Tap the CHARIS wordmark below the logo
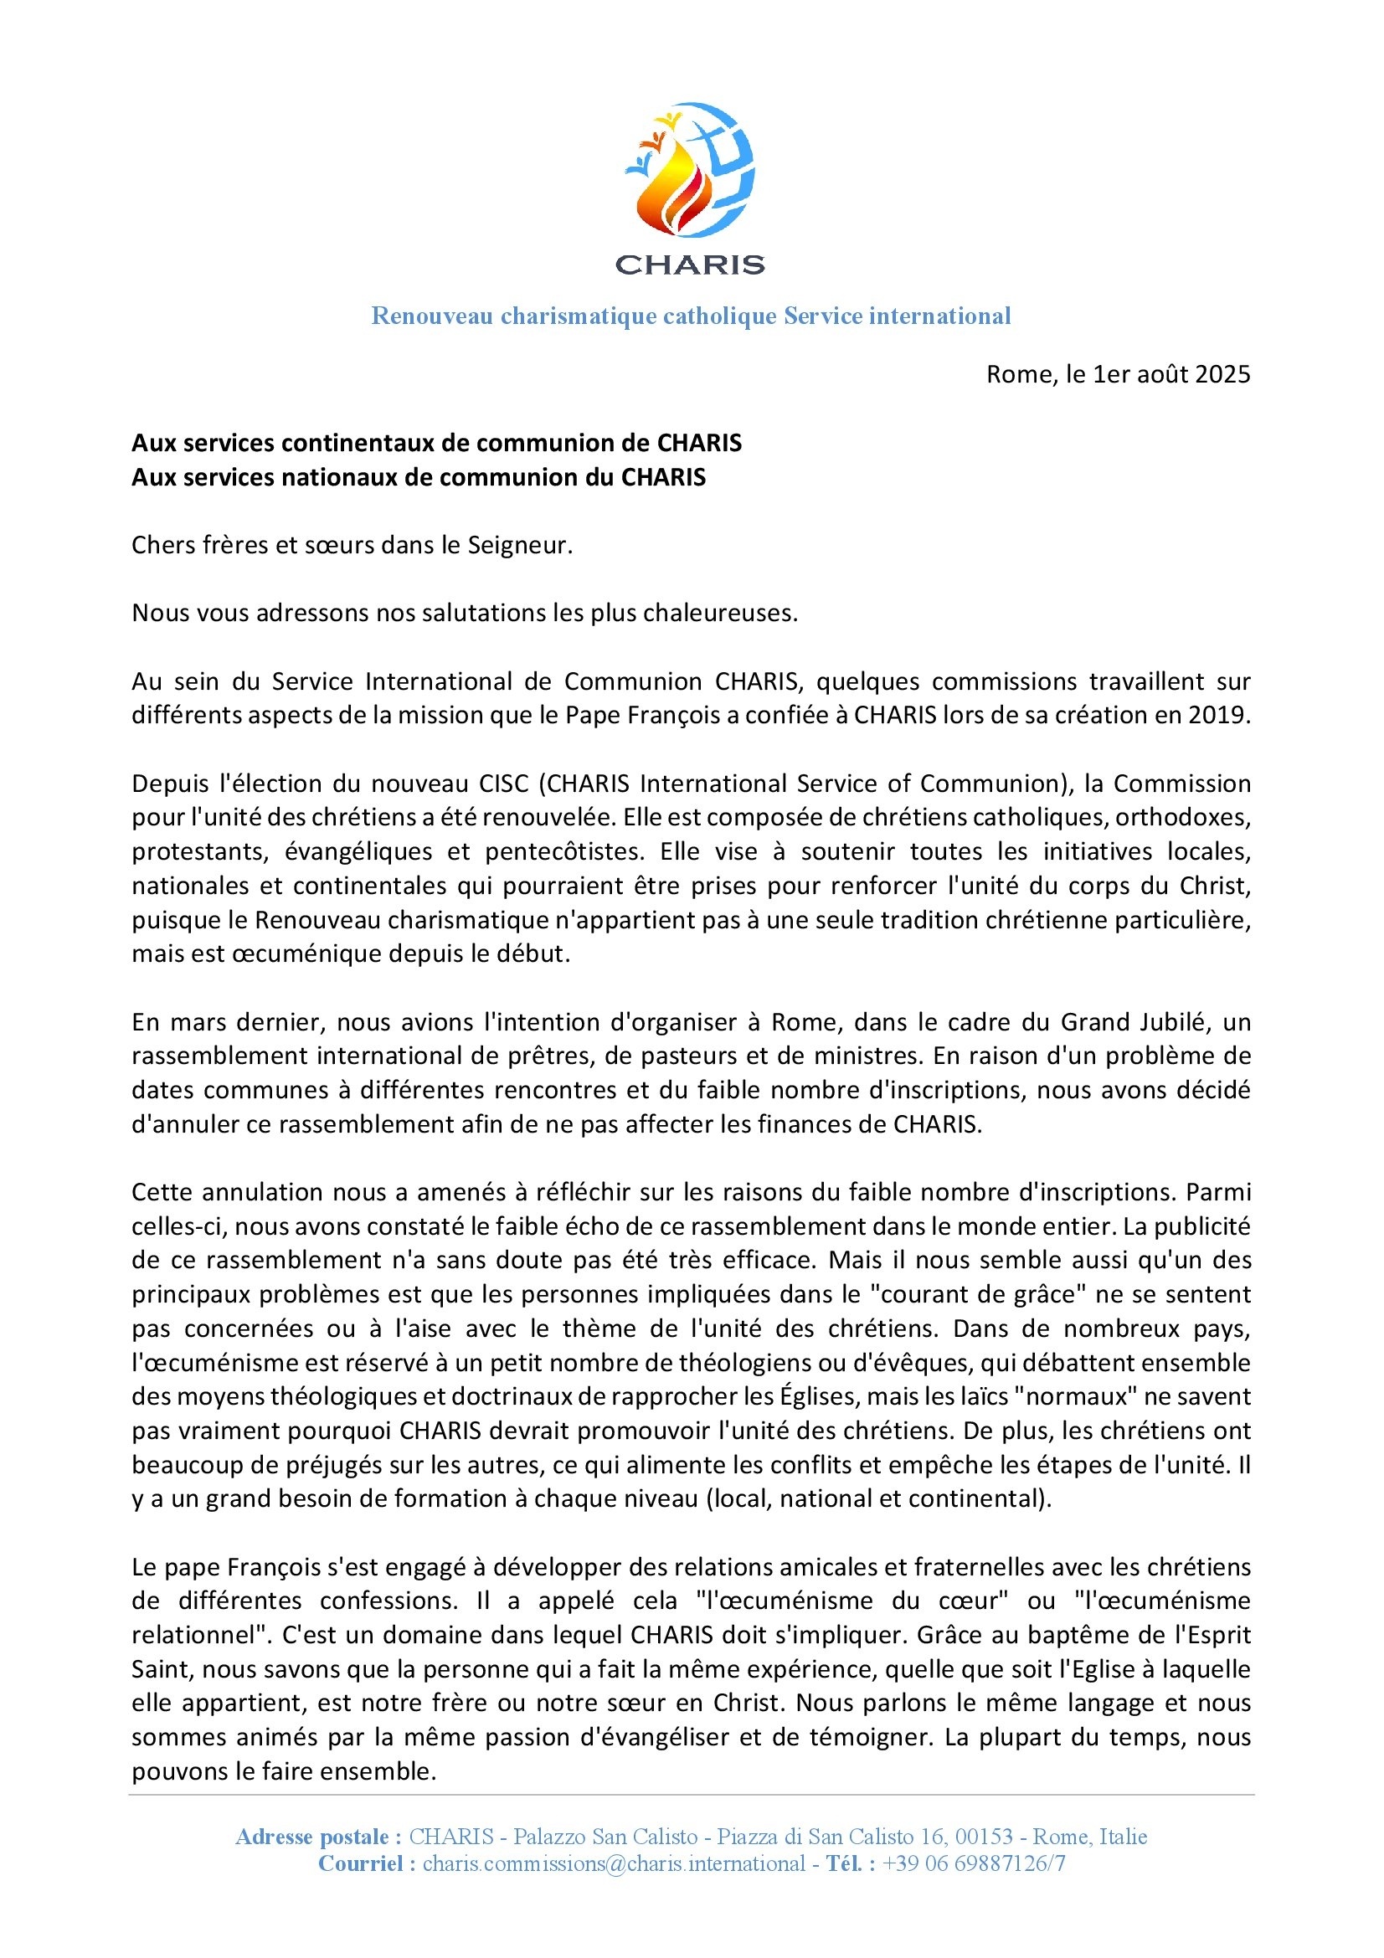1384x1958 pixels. [x=690, y=265]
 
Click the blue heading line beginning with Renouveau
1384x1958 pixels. [x=691, y=316]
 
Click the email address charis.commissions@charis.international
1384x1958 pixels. [x=614, y=1863]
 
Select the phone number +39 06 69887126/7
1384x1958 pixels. [x=974, y=1863]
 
